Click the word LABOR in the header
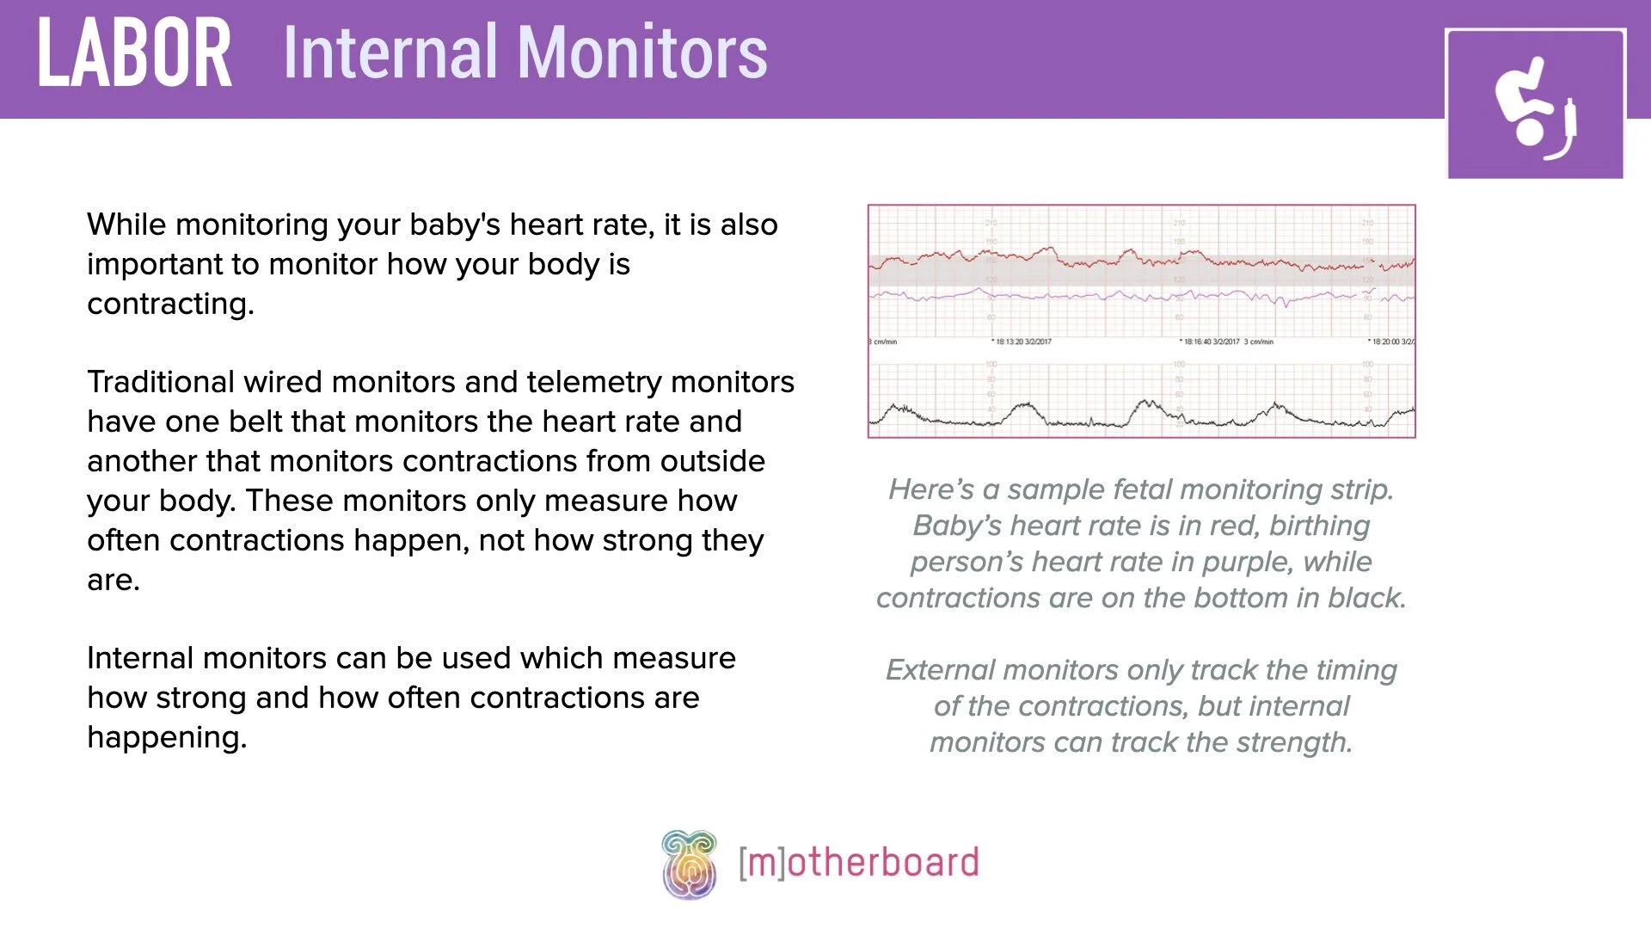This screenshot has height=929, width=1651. point(134,53)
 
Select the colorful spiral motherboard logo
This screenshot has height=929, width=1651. point(689,864)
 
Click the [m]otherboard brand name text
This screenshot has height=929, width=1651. point(858,863)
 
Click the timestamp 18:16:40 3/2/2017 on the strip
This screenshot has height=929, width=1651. point(1211,342)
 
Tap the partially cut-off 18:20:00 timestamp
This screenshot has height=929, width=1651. point(1392,342)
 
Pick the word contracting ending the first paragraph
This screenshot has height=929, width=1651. point(170,304)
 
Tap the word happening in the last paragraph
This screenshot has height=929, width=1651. point(167,737)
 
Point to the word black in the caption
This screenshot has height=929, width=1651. point(1366,598)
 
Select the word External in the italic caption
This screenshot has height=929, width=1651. point(940,670)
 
